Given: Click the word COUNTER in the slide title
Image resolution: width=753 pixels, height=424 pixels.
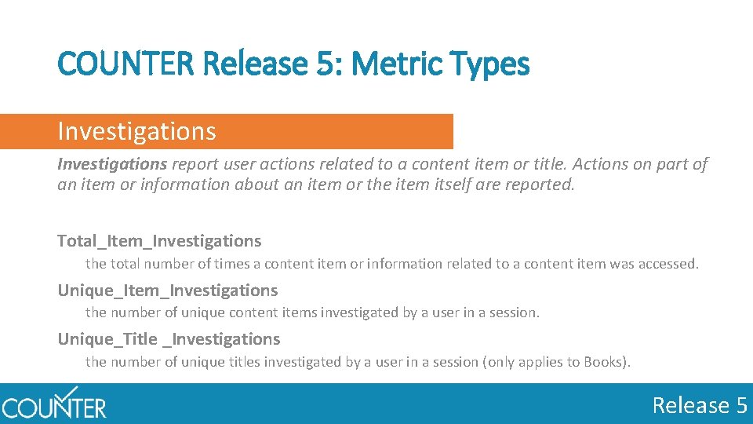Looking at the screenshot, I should (x=126, y=64).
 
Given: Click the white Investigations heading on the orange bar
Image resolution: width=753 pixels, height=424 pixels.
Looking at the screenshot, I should (x=136, y=131).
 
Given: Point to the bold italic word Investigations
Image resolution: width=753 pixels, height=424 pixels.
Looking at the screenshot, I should (x=112, y=164).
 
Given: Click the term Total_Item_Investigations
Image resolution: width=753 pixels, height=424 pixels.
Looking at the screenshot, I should (x=159, y=241).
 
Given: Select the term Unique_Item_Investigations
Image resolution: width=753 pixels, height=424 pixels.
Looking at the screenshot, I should (x=167, y=291).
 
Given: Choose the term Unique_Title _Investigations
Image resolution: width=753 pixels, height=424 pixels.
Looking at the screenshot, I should (x=169, y=339).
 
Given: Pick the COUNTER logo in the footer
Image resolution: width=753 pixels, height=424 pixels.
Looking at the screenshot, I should (x=53, y=404).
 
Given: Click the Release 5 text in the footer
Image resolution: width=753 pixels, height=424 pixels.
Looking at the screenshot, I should (x=700, y=405).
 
